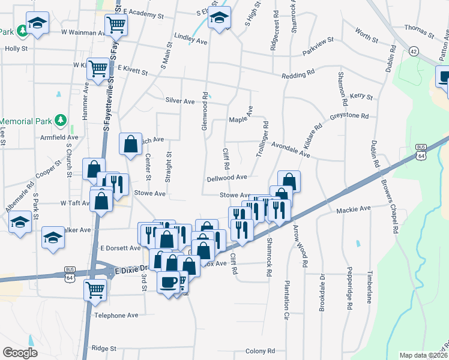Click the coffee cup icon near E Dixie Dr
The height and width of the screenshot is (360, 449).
coord(168,281)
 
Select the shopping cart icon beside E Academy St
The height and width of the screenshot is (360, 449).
coord(115,25)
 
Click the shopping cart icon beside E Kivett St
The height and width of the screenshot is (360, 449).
coord(97,68)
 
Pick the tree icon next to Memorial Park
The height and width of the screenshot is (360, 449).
coord(59,121)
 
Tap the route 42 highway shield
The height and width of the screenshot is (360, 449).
coord(414,52)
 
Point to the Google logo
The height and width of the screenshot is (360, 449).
coord(20,353)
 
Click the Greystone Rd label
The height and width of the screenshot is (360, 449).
coord(348,117)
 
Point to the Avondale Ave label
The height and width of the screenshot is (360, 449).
coord(291,150)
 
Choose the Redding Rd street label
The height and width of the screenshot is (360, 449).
coord(298,74)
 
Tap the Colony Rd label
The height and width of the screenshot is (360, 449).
coord(260,350)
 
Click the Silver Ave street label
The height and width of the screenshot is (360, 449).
coord(180,101)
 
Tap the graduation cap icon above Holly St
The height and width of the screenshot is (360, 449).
coord(37,25)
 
